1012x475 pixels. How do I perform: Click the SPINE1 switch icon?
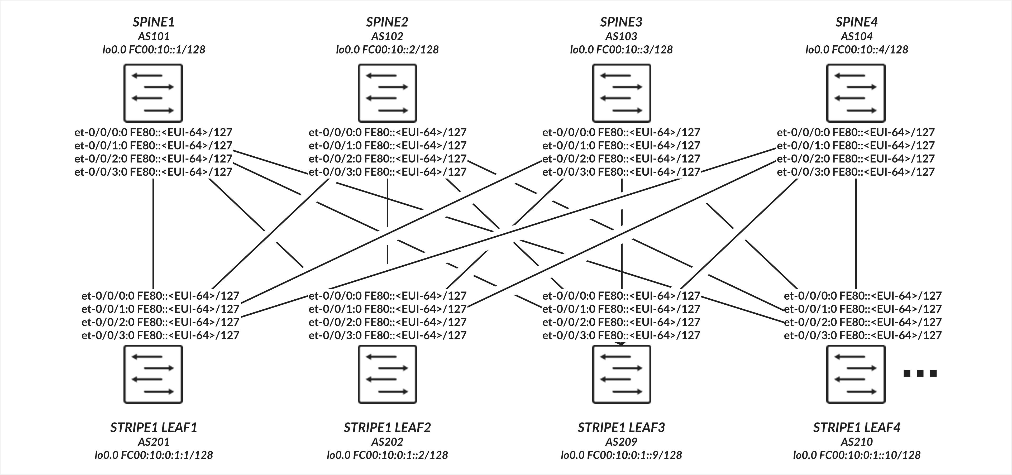click(153, 93)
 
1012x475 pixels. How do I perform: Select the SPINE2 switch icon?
click(387, 93)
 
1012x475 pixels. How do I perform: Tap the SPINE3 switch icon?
click(622, 93)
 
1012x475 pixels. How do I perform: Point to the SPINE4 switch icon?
click(856, 93)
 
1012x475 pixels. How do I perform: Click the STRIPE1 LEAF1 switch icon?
click(153, 374)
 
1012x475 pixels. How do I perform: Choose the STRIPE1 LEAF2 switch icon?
click(387, 374)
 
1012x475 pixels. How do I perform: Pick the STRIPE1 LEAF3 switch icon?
click(622, 374)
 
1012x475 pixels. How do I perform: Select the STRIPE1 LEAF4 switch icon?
click(856, 374)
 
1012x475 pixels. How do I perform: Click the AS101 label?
click(154, 36)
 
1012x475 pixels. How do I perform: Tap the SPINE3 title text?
click(621, 22)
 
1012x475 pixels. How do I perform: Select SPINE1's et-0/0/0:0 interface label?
click(153, 132)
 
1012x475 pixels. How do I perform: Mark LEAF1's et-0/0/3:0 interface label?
click(160, 335)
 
